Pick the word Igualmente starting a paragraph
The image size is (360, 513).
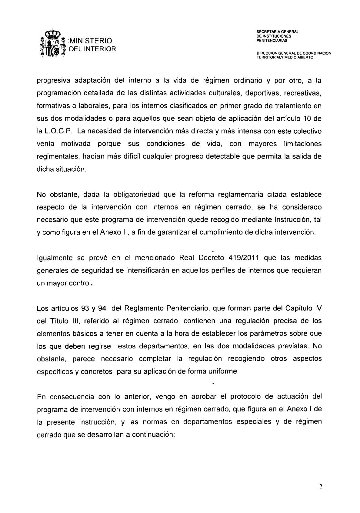(x=55, y=258)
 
